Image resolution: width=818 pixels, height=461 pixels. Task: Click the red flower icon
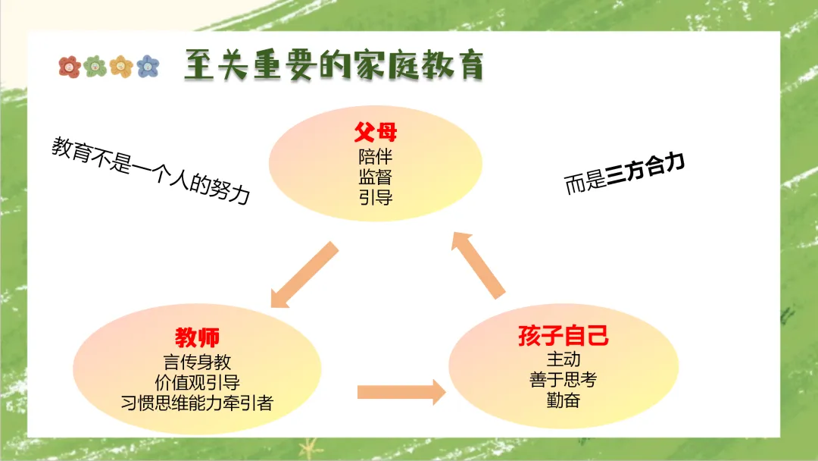point(70,67)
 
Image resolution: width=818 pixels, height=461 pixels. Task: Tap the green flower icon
point(95,67)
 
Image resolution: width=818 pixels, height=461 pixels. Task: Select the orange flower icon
point(121,67)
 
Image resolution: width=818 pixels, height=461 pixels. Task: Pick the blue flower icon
point(148,67)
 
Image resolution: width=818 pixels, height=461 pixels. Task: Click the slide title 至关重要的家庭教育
point(333,67)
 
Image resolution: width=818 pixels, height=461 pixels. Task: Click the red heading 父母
point(376,134)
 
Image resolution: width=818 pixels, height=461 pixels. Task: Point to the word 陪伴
point(376,157)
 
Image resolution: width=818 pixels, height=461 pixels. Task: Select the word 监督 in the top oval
point(376,177)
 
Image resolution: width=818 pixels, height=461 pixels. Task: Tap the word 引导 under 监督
point(376,198)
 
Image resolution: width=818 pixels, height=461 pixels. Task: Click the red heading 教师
point(198,337)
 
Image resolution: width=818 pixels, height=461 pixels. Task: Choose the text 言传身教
point(198,362)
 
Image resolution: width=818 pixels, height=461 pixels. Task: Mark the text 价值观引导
point(198,382)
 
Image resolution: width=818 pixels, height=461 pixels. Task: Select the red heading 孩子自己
point(564,336)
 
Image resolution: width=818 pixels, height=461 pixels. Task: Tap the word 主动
point(564,359)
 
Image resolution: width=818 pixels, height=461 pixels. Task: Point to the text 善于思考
point(564,380)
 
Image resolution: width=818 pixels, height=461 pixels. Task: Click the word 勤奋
point(564,400)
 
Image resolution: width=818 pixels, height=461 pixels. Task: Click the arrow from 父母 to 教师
point(303,276)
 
